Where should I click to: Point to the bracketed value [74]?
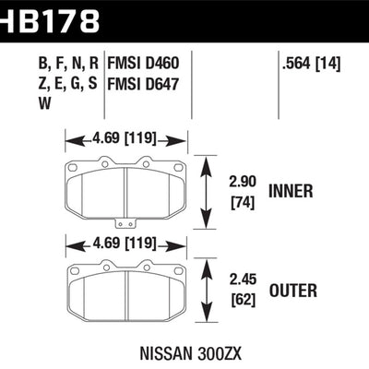point(243,201)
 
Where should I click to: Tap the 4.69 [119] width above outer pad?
point(125,244)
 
